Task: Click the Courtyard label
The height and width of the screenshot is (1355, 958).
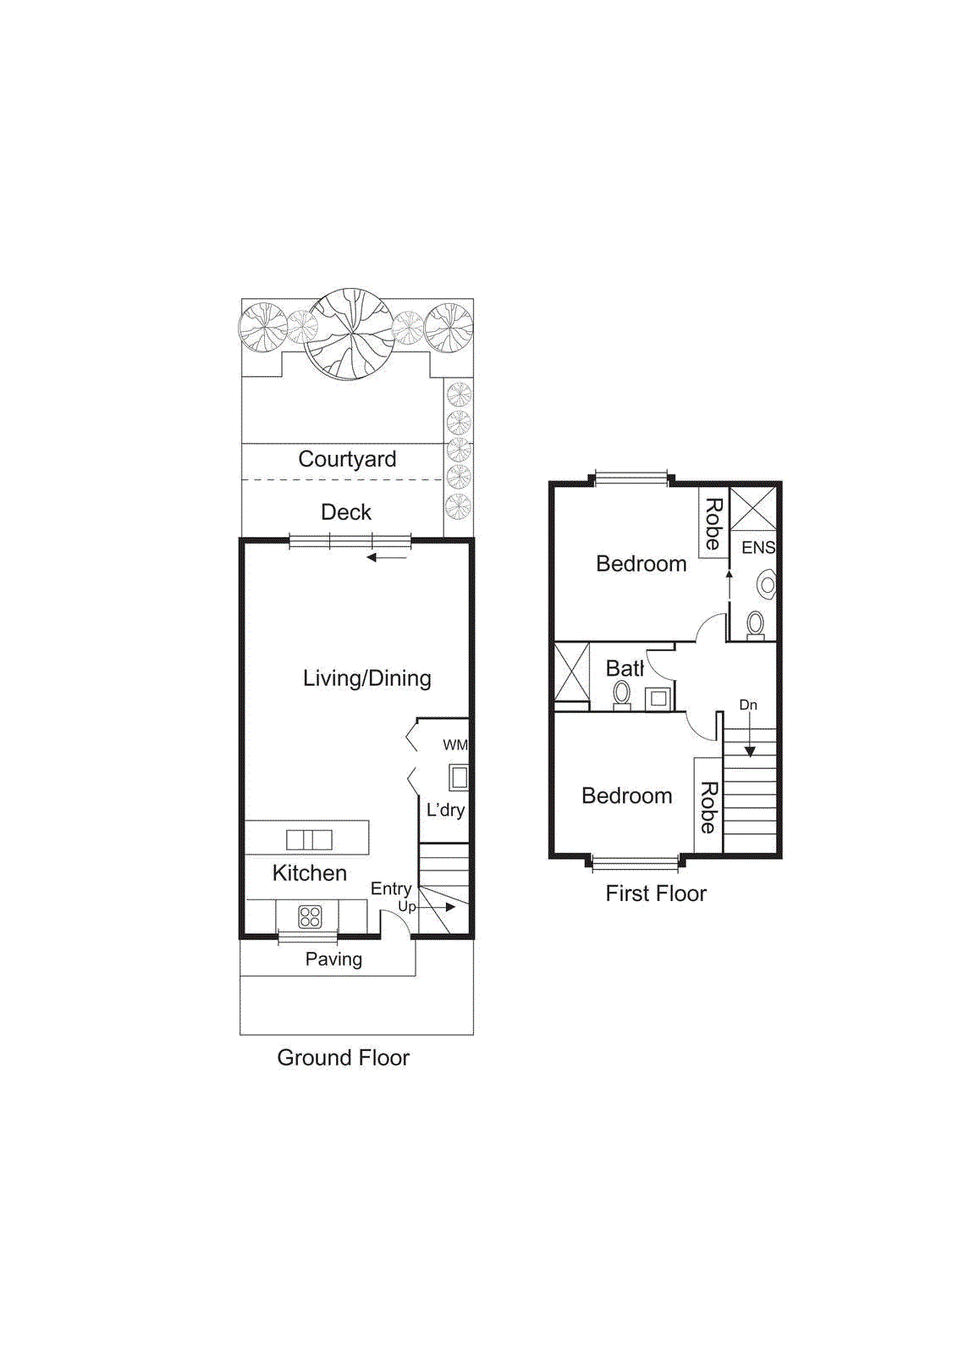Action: point(347,459)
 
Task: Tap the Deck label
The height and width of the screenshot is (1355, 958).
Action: point(346,512)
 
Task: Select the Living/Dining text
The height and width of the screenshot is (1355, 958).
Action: point(366,678)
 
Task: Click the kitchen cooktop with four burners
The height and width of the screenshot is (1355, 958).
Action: point(310,916)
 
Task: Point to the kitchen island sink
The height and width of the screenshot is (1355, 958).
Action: point(309,839)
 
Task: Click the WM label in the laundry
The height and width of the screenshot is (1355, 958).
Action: point(454,745)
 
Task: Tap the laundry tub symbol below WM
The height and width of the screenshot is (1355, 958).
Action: point(459,777)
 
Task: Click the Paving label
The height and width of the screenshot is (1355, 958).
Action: point(333,960)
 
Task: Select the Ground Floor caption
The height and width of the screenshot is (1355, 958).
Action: point(343,1058)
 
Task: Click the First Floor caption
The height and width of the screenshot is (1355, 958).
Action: point(656,893)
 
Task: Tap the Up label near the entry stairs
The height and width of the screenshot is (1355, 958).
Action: point(406,906)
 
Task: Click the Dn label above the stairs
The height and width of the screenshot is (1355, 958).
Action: point(748,705)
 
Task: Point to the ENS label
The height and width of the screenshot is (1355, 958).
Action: point(758,548)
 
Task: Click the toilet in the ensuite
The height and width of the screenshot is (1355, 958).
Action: point(756,625)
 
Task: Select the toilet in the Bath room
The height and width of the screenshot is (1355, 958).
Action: point(622,694)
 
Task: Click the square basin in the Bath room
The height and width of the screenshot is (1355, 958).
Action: point(658,699)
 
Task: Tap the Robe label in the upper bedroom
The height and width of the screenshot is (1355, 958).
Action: point(713,523)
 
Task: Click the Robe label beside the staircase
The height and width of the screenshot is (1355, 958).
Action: point(708,806)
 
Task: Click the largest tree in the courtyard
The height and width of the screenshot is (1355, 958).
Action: point(349,334)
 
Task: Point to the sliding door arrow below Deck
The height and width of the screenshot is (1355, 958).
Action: point(387,557)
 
